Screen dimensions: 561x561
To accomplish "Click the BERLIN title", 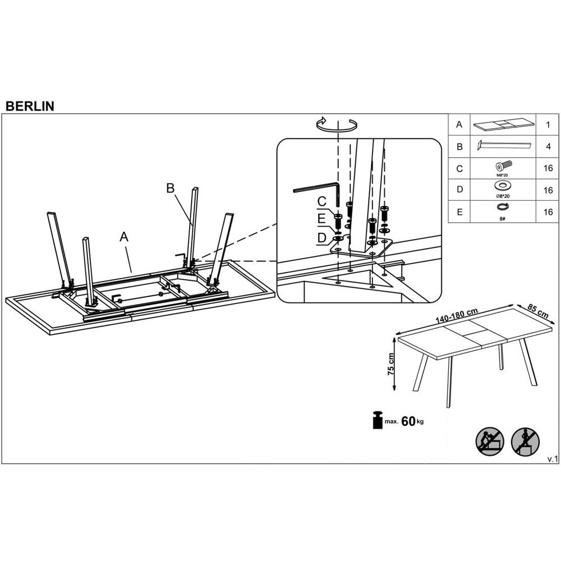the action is tap(30, 106).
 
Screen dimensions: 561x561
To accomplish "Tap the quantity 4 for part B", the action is tap(548, 146).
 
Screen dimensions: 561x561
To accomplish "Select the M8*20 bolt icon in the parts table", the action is tap(503, 166).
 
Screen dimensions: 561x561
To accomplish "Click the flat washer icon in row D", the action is tap(502, 186).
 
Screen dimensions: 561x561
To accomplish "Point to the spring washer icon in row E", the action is tap(502, 207).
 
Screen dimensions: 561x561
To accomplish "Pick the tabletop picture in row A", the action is tap(503, 124).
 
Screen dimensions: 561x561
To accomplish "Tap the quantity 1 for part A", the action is tap(548, 125).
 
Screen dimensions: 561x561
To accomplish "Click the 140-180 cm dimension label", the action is tap(457, 315).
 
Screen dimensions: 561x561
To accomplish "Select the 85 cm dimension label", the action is tap(538, 311).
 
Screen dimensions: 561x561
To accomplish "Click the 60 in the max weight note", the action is tap(408, 421).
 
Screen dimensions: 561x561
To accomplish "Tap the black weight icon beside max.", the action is tap(378, 420).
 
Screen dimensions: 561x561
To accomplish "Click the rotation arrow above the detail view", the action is tap(337, 124).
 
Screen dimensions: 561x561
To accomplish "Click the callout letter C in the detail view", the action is tap(321, 201).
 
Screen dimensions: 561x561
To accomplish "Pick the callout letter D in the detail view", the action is tap(321, 237).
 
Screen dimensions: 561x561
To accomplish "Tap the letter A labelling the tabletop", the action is tap(124, 237).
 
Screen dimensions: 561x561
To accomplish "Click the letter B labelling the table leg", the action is tap(171, 188).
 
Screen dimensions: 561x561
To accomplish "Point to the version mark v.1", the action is tap(552, 459).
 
